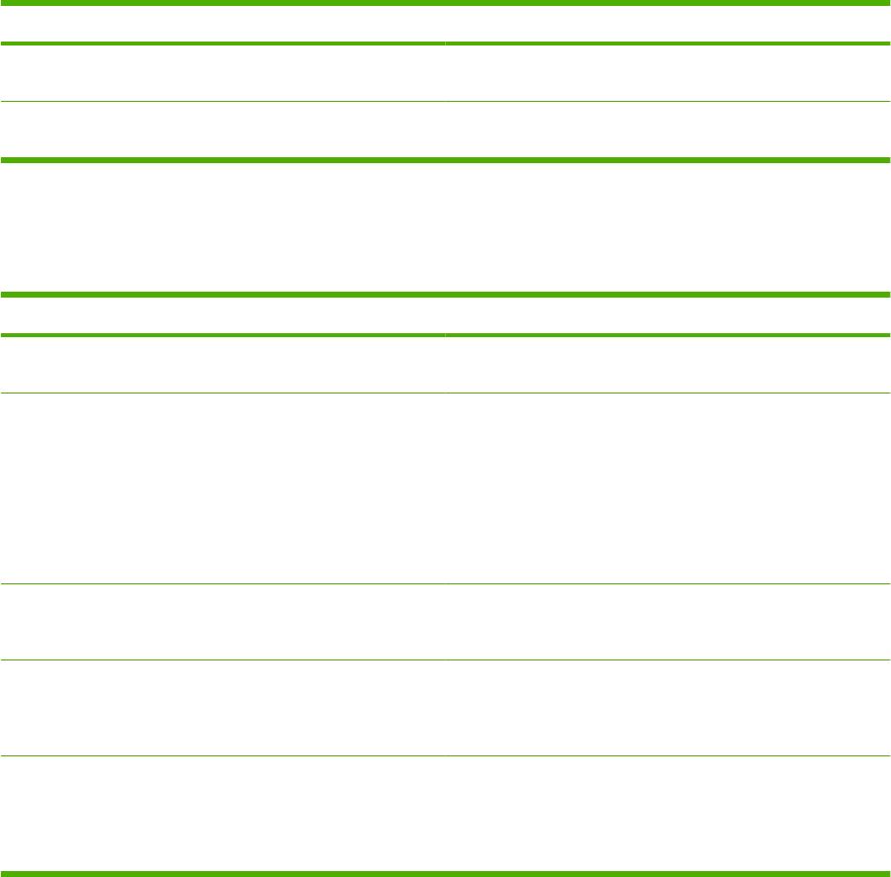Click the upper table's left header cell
click(x=223, y=24)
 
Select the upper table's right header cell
click(x=668, y=24)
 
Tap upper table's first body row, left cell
click(x=223, y=72)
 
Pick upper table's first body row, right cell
click(x=668, y=72)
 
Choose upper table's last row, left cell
click(x=223, y=130)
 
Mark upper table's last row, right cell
click(x=668, y=130)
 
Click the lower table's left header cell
click(x=223, y=315)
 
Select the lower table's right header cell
click(x=668, y=315)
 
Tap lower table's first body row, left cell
click(x=223, y=365)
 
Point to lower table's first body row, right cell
click(x=668, y=365)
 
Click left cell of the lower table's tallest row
click(x=223, y=488)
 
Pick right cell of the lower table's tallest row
click(x=668, y=488)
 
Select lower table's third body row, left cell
click(x=223, y=622)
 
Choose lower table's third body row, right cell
click(x=668, y=622)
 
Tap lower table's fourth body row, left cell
click(x=223, y=708)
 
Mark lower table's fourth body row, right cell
click(x=668, y=708)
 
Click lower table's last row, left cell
click(x=223, y=814)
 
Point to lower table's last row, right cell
click(x=668, y=814)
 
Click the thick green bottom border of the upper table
click(x=445, y=159)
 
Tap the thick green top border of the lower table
click(x=445, y=294)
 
